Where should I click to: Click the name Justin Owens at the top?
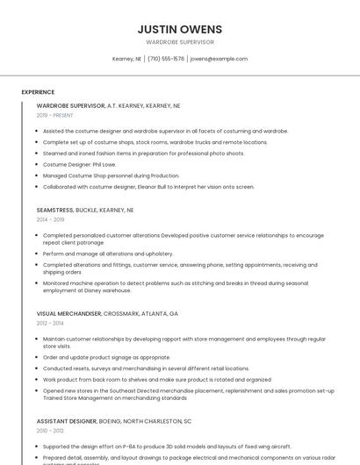[x=179, y=29]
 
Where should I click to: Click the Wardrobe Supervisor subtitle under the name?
[x=179, y=42]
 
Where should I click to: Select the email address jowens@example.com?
[x=219, y=59]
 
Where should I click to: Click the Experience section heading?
[x=38, y=92]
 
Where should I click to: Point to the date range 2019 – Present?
[x=55, y=115]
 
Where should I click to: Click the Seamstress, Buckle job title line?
[x=85, y=211]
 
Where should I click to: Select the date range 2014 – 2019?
[x=50, y=220]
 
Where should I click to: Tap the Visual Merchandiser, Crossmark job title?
[x=107, y=313]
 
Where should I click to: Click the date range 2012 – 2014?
[x=50, y=323]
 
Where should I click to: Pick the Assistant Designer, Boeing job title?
[x=114, y=421]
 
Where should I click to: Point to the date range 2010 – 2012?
[x=50, y=431]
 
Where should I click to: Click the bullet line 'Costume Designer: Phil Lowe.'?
[x=79, y=164]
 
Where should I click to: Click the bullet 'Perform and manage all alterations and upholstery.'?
[x=108, y=254]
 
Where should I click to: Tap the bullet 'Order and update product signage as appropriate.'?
[x=106, y=357]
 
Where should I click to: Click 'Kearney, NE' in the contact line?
[x=126, y=59]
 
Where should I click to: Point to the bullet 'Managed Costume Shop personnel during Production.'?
[x=111, y=175]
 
